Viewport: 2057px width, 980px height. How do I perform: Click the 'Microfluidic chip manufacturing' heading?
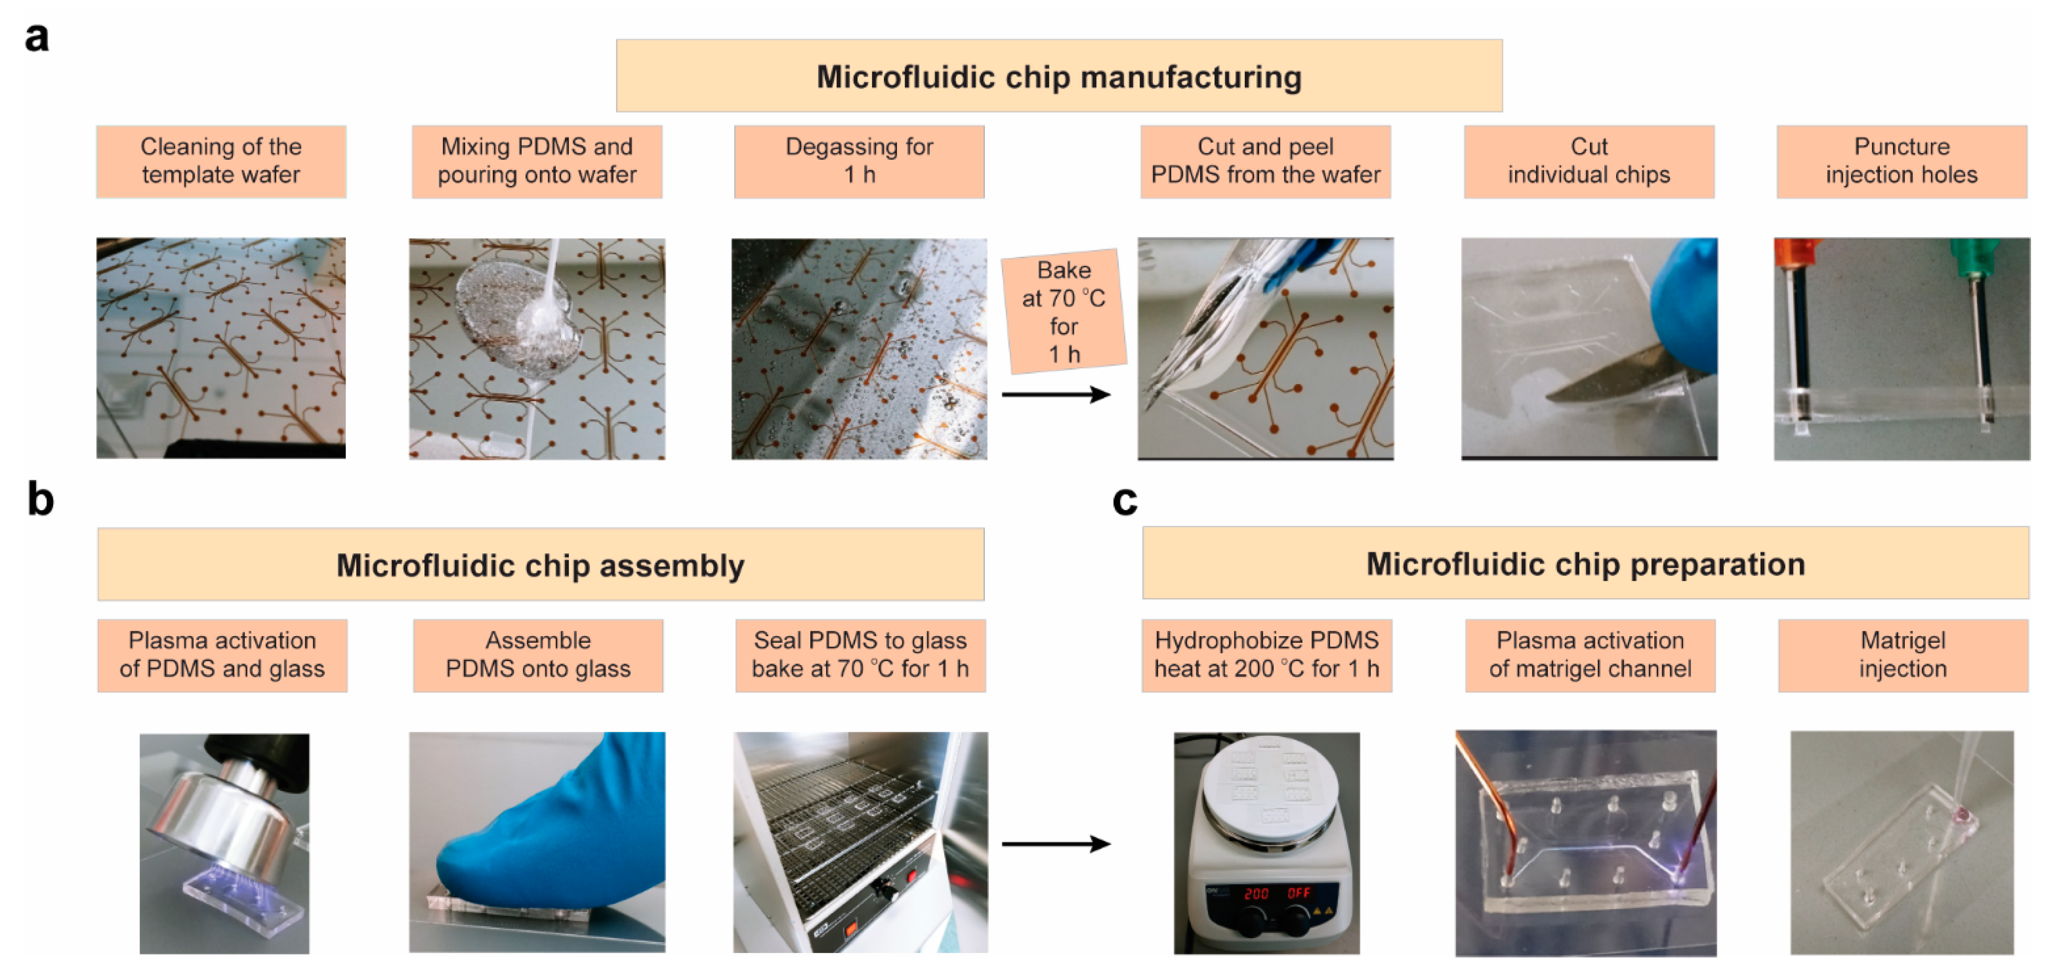[x=1059, y=76]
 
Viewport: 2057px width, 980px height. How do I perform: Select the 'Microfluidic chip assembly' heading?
[x=541, y=565]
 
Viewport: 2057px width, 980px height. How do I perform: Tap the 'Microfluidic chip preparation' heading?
[x=1585, y=564]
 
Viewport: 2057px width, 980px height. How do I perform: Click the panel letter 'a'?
[x=37, y=37]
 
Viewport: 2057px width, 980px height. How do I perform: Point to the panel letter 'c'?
[x=1124, y=501]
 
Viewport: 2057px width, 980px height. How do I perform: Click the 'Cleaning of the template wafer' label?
[x=221, y=161]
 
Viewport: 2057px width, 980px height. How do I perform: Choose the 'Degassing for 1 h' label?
[x=859, y=161]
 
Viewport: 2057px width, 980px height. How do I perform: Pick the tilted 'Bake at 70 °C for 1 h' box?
[x=1064, y=311]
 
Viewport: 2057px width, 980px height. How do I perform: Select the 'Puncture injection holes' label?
[x=1901, y=161]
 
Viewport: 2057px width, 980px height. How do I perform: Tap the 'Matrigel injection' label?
[x=1903, y=654]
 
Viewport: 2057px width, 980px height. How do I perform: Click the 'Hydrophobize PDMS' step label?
[x=1266, y=654]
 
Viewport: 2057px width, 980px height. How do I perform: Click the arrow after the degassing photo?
[x=1056, y=394]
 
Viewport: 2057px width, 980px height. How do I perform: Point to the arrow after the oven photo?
[x=1056, y=843]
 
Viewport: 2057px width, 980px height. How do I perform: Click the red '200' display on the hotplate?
[x=1256, y=893]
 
